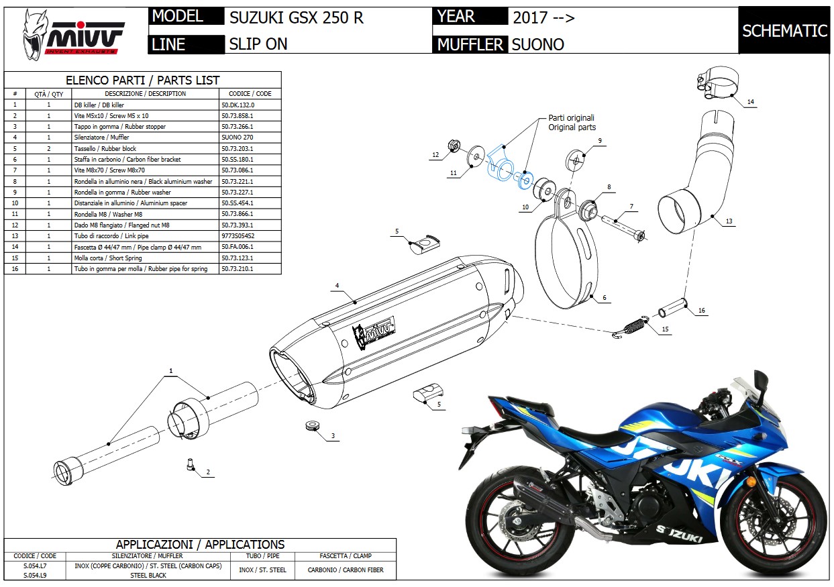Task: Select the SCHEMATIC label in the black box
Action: coord(784,31)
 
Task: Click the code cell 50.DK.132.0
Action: coord(238,105)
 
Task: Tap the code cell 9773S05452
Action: coord(239,236)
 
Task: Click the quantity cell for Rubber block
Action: coord(49,148)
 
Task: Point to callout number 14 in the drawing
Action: coord(751,102)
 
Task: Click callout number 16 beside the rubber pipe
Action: coord(702,311)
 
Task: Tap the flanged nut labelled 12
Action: coord(453,146)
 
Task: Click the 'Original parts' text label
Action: coord(572,127)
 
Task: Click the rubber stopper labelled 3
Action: coord(311,426)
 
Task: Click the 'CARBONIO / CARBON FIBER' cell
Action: coord(345,570)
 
